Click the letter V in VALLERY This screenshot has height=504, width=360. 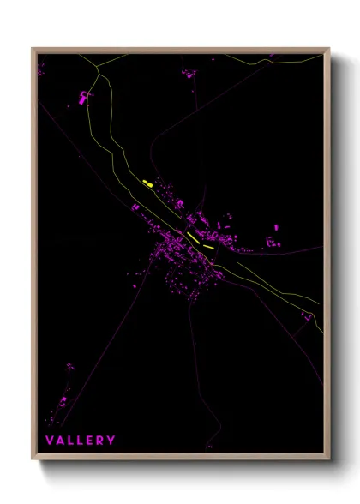(50, 441)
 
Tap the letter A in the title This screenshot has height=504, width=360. (61, 441)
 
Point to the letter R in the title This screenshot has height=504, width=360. (99, 441)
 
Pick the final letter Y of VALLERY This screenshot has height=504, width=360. (111, 441)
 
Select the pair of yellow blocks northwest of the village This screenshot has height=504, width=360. (146, 183)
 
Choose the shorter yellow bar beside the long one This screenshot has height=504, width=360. (208, 245)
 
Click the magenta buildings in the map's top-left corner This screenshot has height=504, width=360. (39, 68)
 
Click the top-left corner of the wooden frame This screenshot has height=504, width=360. (33, 49)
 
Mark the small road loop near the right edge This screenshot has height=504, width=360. (304, 317)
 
